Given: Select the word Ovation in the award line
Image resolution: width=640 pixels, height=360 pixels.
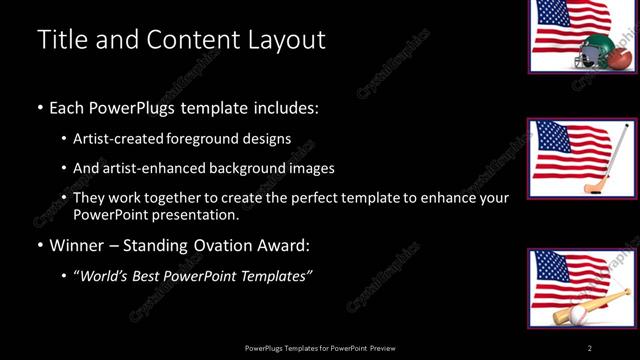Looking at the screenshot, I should pos(225,244).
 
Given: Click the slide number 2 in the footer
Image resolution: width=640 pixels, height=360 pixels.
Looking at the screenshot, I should pos(590,347).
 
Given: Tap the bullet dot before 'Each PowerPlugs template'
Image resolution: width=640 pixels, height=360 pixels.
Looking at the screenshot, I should pos(39,107).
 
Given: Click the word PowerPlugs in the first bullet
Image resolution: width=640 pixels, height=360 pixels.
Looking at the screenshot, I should pos(134,107).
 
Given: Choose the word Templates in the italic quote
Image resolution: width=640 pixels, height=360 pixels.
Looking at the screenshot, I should pos(278,275).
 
